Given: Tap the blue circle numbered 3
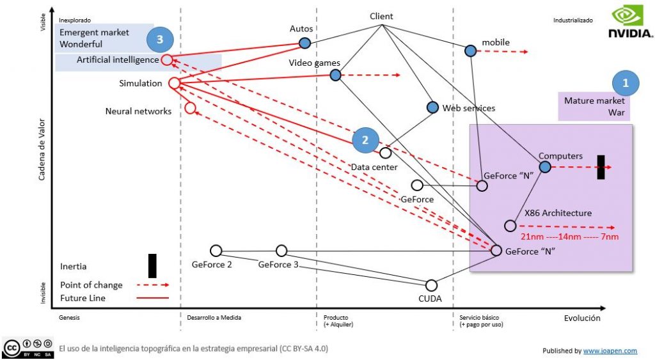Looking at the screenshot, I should pos(160,40).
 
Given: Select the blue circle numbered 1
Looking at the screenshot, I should pos(626,82).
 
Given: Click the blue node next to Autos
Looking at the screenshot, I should pos(305,43).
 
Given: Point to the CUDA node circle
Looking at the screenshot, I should pos(432,285).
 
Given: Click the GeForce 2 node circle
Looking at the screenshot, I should pos(216,250).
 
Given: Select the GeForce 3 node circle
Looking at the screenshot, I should pos(281,250).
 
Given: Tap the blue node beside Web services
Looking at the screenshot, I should pos(432,107).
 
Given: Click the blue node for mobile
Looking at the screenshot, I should pos(470,50).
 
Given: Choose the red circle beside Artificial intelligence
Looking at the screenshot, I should pos(166,60).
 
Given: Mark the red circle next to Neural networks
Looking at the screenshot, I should pos(190,107).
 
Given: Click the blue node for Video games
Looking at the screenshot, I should pos(335,75).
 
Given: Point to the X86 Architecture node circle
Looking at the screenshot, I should pos(510,226).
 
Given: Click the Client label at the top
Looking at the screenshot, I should pos(381,17).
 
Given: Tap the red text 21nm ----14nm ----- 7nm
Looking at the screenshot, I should pos(569,237).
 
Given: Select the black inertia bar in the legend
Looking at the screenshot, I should pos(152,265).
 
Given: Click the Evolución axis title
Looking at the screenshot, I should pos(582,318).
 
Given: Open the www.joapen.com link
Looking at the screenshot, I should pos(610,351).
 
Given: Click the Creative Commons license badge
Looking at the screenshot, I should pos(27,348).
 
